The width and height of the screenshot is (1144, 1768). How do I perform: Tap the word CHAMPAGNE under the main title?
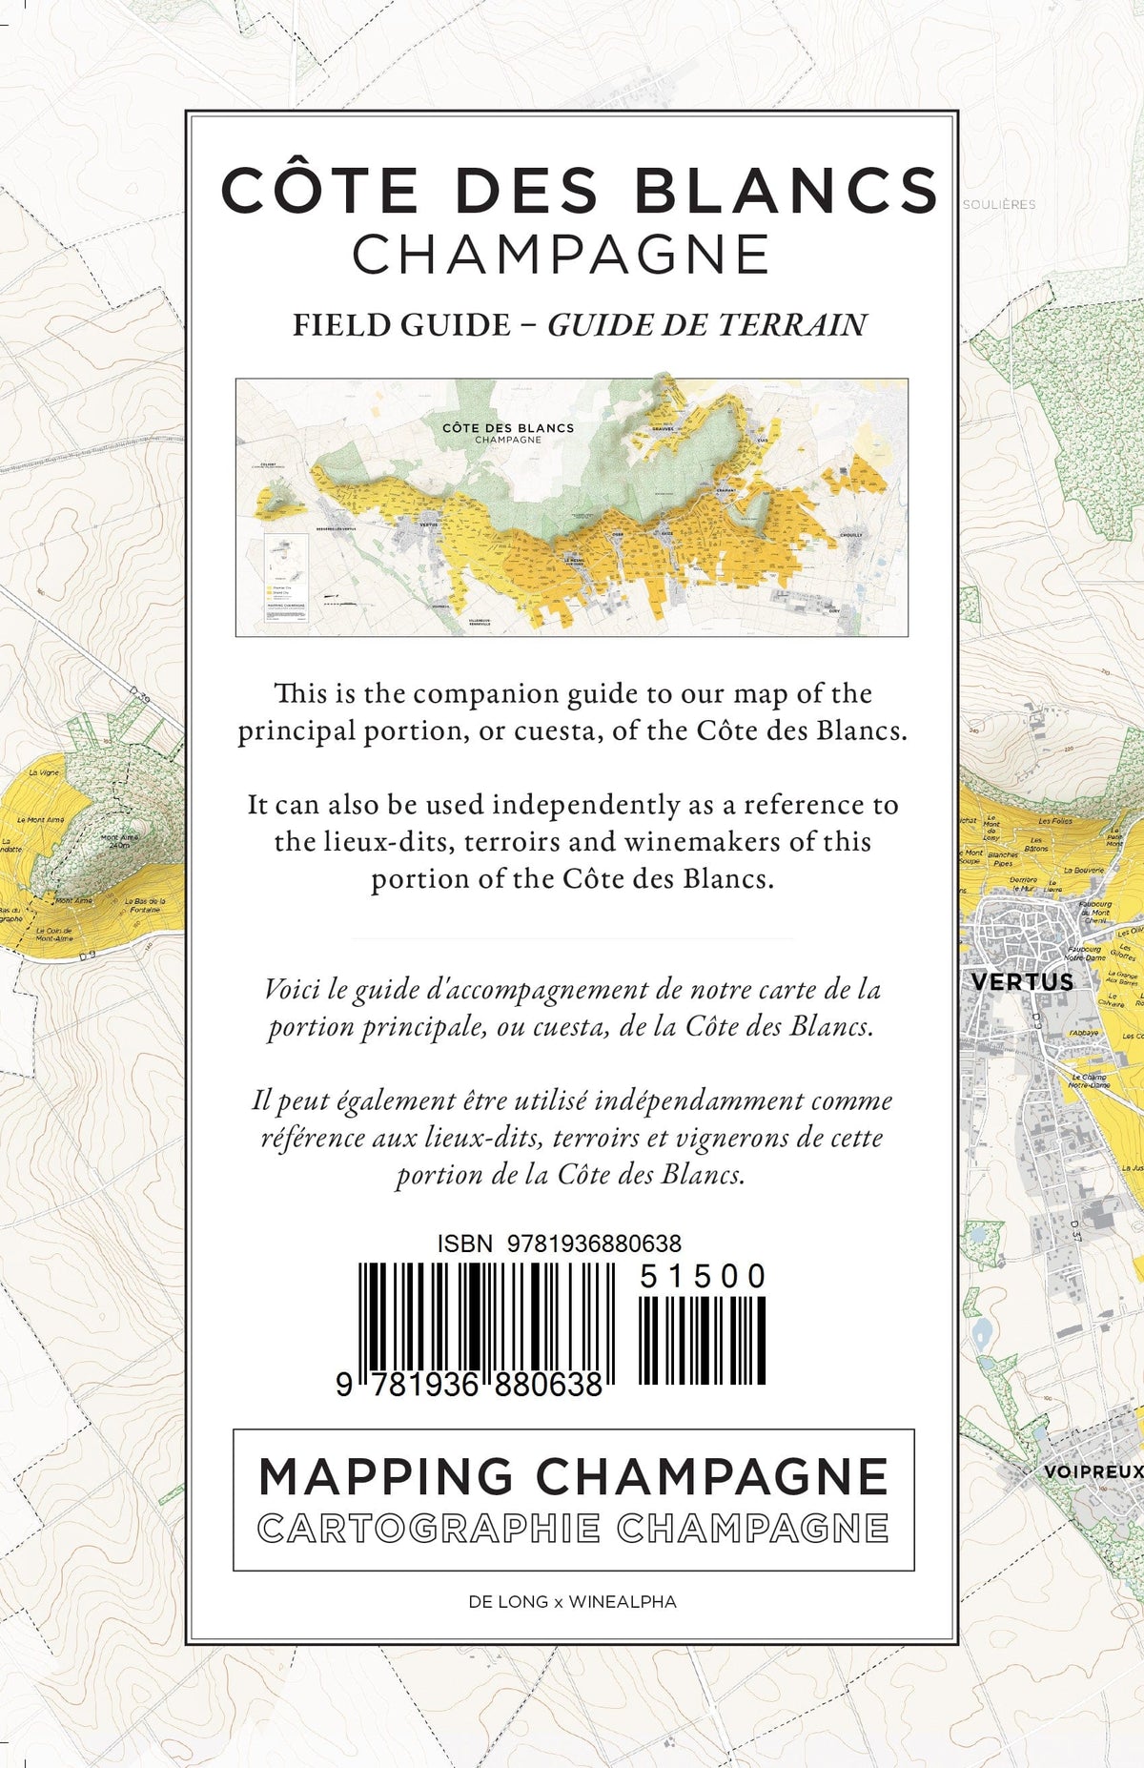tap(561, 255)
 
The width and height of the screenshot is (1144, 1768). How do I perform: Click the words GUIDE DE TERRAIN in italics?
tap(706, 325)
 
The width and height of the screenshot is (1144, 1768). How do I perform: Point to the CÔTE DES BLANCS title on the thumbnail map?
tap(508, 428)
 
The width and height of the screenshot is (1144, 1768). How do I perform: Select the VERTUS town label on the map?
tap(1021, 981)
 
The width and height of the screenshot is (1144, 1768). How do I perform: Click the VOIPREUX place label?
tap(1093, 1471)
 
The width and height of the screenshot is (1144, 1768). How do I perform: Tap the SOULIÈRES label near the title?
tap(998, 204)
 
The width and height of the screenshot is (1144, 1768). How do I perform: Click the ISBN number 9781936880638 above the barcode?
tap(594, 1244)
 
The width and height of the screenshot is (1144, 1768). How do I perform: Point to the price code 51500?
tap(703, 1276)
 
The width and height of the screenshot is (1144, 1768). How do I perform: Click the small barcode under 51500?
tap(702, 1341)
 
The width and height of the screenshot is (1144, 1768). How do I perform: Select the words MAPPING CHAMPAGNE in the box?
tap(573, 1477)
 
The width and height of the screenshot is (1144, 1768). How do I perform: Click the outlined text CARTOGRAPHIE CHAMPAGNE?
tap(573, 1529)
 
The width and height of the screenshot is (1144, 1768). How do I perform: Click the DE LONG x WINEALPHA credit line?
tap(572, 1602)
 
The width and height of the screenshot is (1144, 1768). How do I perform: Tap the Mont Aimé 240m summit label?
tap(120, 841)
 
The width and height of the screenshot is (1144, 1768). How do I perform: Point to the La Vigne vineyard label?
tap(44, 772)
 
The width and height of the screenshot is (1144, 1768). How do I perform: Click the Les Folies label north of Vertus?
tap(1054, 820)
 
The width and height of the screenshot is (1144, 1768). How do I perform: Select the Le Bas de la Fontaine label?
tap(145, 905)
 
